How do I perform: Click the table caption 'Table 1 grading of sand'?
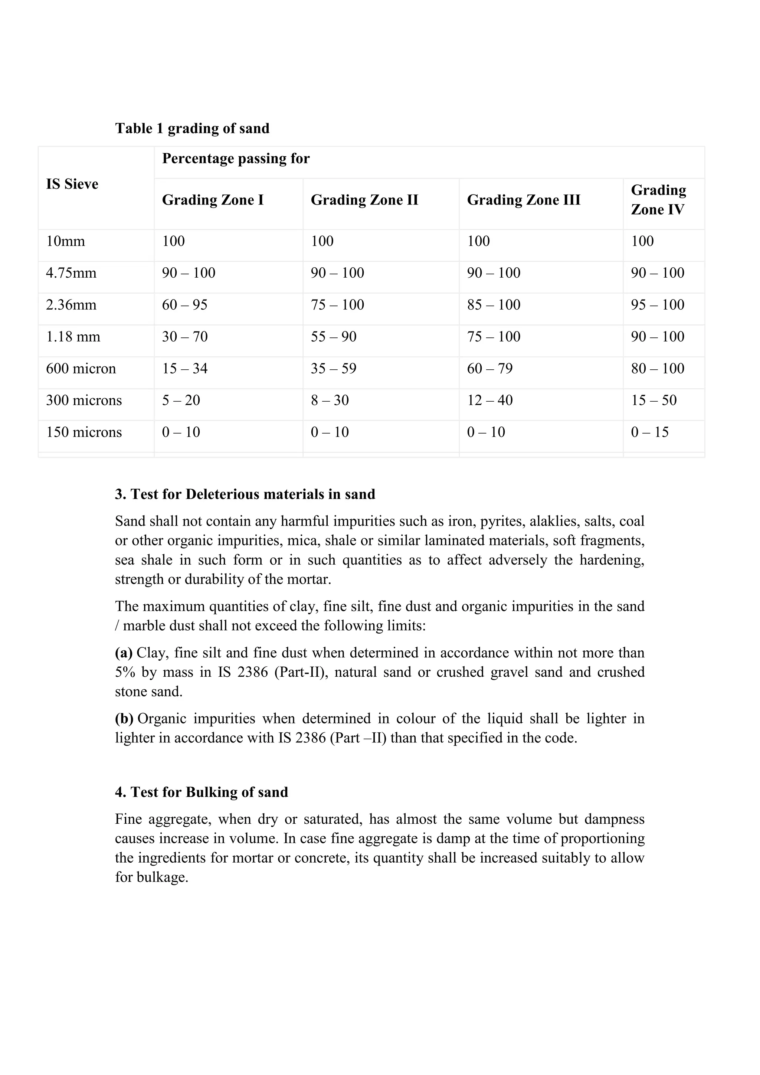click(x=192, y=128)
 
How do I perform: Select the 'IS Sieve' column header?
click(x=72, y=184)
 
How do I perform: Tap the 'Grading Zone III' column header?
click(x=523, y=200)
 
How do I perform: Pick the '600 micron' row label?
click(x=81, y=369)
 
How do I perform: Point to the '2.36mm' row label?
click(x=71, y=305)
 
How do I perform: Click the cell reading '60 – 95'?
click(x=184, y=305)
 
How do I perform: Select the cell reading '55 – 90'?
click(x=333, y=337)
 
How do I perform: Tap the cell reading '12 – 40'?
click(x=489, y=400)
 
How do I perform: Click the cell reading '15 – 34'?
click(x=184, y=369)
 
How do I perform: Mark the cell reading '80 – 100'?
click(x=657, y=369)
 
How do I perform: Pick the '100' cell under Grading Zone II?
click(x=322, y=241)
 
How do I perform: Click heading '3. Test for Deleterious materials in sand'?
click(x=245, y=494)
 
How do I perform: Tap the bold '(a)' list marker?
click(x=124, y=653)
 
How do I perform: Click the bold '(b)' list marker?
click(x=124, y=718)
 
